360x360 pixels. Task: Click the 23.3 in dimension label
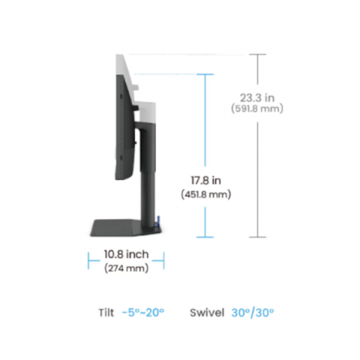pos(257,97)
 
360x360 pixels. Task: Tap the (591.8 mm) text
pos(257,109)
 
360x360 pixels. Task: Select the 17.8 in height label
pos(206,181)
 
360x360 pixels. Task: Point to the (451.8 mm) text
pos(206,195)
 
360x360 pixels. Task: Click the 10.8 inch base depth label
pos(126,254)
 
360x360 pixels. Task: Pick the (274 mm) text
pos(126,268)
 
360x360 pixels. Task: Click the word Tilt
pos(107,313)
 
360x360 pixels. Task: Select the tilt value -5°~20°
pos(143,313)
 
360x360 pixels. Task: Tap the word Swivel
pos(207,313)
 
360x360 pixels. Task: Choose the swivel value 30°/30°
pos(253,313)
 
